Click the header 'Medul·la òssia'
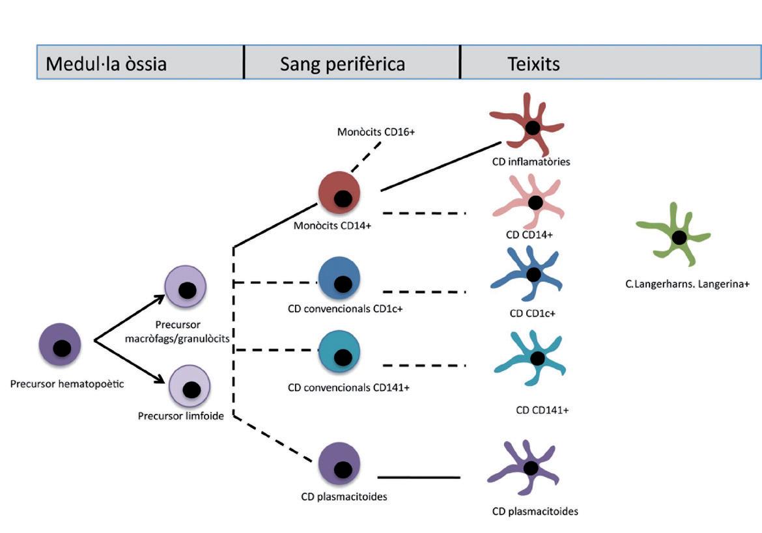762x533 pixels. click(106, 64)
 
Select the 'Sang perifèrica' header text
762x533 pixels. click(343, 64)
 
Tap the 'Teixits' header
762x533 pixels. click(533, 64)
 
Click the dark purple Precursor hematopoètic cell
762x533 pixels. click(60, 347)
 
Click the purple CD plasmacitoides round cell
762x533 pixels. click(339, 465)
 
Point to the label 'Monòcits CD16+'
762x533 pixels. click(376, 132)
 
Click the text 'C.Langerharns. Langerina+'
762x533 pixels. click(677, 284)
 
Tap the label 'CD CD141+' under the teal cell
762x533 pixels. click(542, 410)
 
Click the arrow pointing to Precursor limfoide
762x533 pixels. click(130, 361)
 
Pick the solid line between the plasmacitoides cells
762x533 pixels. click(419, 478)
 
